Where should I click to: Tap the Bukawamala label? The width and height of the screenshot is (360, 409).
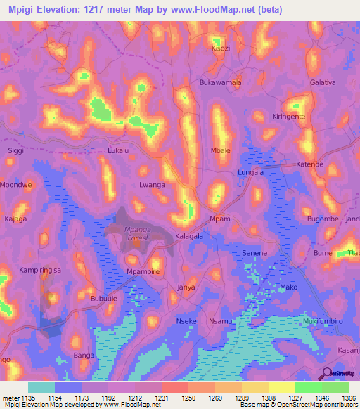[x=221, y=82]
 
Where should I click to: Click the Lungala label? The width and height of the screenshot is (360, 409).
[x=251, y=171]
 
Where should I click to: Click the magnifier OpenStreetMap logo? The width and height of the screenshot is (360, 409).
[x=327, y=373]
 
